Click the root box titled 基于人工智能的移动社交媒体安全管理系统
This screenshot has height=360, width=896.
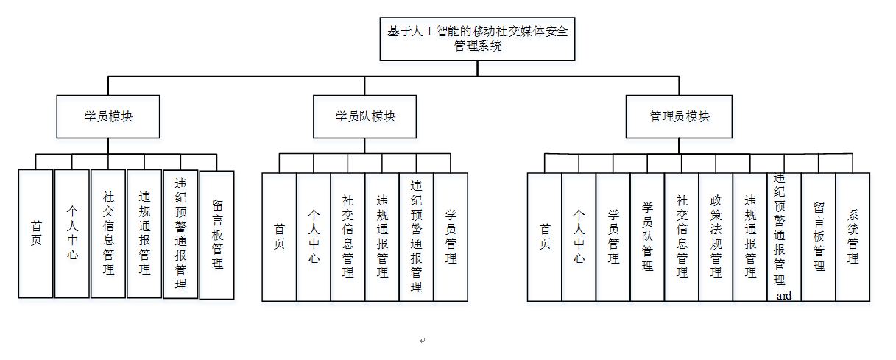tap(477, 39)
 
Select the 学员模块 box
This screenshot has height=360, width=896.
tap(108, 116)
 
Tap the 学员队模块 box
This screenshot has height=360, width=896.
tap(365, 116)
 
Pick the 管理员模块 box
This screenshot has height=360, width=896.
tap(679, 116)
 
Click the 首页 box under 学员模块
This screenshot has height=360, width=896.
tap(36, 233)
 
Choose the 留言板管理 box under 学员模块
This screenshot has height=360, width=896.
tap(217, 235)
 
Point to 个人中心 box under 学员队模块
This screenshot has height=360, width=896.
tap(314, 237)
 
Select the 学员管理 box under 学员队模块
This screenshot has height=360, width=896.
tap(451, 237)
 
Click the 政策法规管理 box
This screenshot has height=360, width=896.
tap(716, 237)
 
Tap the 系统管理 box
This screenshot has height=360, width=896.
tap(853, 237)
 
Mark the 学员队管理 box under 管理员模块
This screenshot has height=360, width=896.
tap(647, 237)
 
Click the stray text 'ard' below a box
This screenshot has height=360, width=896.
tap(784, 295)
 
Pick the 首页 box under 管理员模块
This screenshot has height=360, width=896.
tap(545, 237)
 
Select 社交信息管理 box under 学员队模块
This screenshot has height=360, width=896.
tap(348, 237)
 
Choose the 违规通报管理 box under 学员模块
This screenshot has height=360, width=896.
tap(144, 233)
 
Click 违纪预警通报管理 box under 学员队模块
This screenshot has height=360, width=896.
tap(416, 237)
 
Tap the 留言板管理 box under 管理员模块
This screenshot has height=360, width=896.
tap(818, 237)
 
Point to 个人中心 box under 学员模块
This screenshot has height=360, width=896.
tap(72, 233)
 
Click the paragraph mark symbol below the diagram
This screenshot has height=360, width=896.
tap(422, 341)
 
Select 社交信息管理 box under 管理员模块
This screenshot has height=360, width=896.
tap(682, 237)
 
